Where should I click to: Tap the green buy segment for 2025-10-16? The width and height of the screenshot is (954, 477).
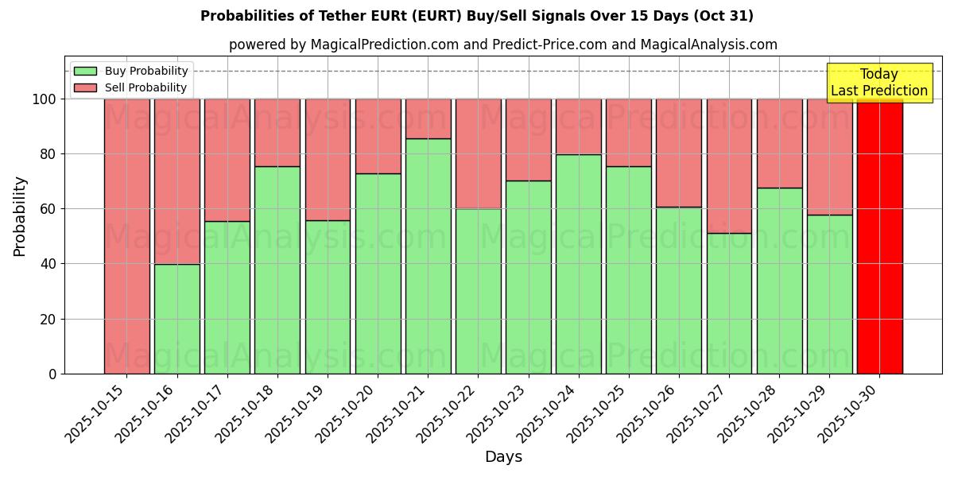[x=176, y=319]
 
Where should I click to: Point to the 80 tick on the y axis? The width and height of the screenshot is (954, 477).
[x=48, y=154]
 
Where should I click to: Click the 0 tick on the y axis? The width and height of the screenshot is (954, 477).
[x=52, y=374]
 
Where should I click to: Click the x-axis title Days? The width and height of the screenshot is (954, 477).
[x=503, y=457]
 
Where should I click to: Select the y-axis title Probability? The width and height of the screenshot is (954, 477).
[x=20, y=216]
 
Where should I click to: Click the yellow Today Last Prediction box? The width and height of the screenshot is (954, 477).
[x=878, y=83]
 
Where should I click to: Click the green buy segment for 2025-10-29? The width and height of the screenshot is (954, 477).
[x=829, y=294]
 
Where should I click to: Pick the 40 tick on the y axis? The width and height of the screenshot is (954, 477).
[x=48, y=264]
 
